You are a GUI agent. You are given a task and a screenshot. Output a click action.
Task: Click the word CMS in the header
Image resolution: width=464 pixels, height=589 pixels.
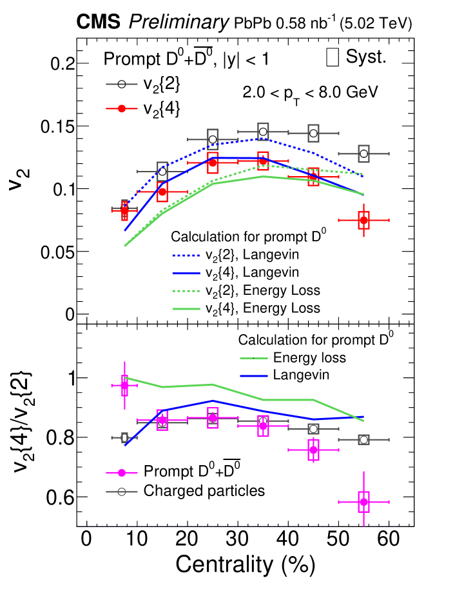tap(98, 23)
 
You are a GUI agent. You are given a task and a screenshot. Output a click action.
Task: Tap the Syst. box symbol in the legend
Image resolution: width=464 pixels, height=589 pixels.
tap(333, 57)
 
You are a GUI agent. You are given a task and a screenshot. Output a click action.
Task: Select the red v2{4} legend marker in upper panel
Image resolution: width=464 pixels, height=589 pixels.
tap(121, 108)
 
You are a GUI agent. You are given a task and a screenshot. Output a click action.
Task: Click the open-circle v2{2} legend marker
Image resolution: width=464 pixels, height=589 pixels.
tap(121, 83)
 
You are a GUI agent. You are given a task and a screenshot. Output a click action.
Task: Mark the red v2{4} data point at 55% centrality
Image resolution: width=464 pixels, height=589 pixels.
tap(364, 220)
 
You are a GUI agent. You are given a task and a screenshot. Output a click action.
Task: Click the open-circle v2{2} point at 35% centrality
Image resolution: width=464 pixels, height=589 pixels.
tap(263, 132)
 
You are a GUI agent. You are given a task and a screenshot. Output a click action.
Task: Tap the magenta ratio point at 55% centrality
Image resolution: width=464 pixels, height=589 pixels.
tap(364, 501)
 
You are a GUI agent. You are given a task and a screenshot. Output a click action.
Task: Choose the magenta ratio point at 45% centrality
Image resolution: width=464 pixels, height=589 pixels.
tap(313, 450)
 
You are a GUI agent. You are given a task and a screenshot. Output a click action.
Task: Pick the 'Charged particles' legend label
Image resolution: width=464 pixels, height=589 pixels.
tap(204, 490)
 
